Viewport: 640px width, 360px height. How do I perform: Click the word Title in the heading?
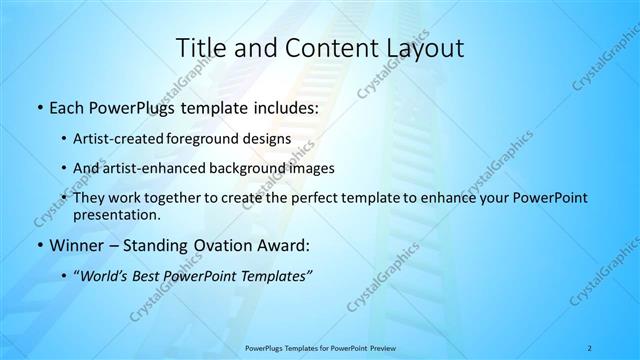tap(201, 47)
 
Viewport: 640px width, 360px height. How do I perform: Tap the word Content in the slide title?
tap(316, 47)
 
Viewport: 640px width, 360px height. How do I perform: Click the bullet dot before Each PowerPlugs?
tap(38, 109)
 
